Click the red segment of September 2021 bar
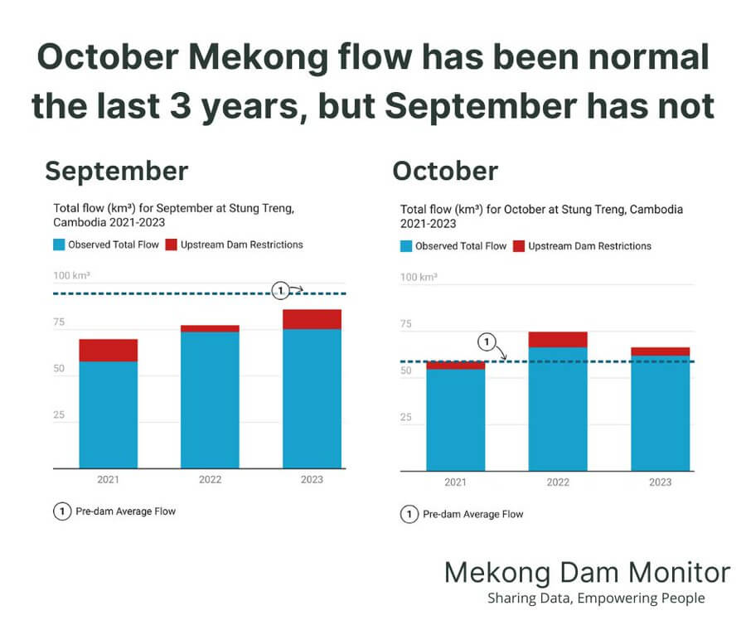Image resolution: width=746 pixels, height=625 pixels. point(109,350)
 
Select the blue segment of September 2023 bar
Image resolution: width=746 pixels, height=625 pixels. point(312,398)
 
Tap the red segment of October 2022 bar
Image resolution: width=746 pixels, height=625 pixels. point(558,339)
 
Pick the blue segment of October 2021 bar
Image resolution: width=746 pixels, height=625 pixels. point(455,419)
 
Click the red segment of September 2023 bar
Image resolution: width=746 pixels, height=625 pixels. point(312,319)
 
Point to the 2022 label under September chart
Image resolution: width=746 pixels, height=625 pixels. point(210,480)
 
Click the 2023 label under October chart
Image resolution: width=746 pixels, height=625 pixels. point(660,482)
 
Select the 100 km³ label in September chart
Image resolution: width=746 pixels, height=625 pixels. point(71,274)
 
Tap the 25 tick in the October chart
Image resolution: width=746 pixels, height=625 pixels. point(406,417)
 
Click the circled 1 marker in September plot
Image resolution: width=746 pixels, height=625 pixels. point(281,290)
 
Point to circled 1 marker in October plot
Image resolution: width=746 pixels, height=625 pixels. point(487,341)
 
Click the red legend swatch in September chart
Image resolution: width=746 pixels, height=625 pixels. point(172,245)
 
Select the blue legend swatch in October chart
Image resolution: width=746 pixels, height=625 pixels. point(406,246)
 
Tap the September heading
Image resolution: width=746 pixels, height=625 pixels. point(116,171)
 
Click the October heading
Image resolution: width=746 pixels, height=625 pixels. point(445,171)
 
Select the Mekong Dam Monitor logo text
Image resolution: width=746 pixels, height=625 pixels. point(587,572)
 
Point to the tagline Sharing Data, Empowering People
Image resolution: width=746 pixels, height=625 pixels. point(596,598)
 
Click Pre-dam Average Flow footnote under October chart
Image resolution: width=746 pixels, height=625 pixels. point(472,514)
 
